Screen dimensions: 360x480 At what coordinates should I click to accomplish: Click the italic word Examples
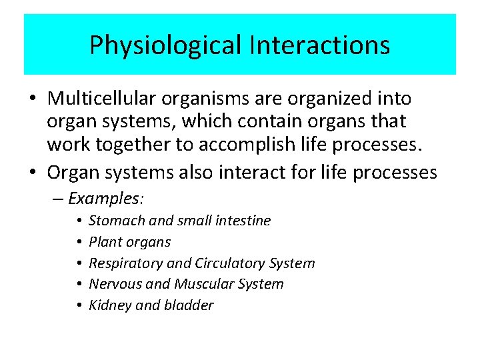(107, 199)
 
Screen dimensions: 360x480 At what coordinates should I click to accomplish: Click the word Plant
(104, 242)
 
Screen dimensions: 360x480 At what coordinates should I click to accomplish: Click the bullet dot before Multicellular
(33, 99)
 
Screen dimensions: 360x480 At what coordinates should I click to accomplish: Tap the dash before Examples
(59, 199)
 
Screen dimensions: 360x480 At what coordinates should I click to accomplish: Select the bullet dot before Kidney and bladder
(79, 305)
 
